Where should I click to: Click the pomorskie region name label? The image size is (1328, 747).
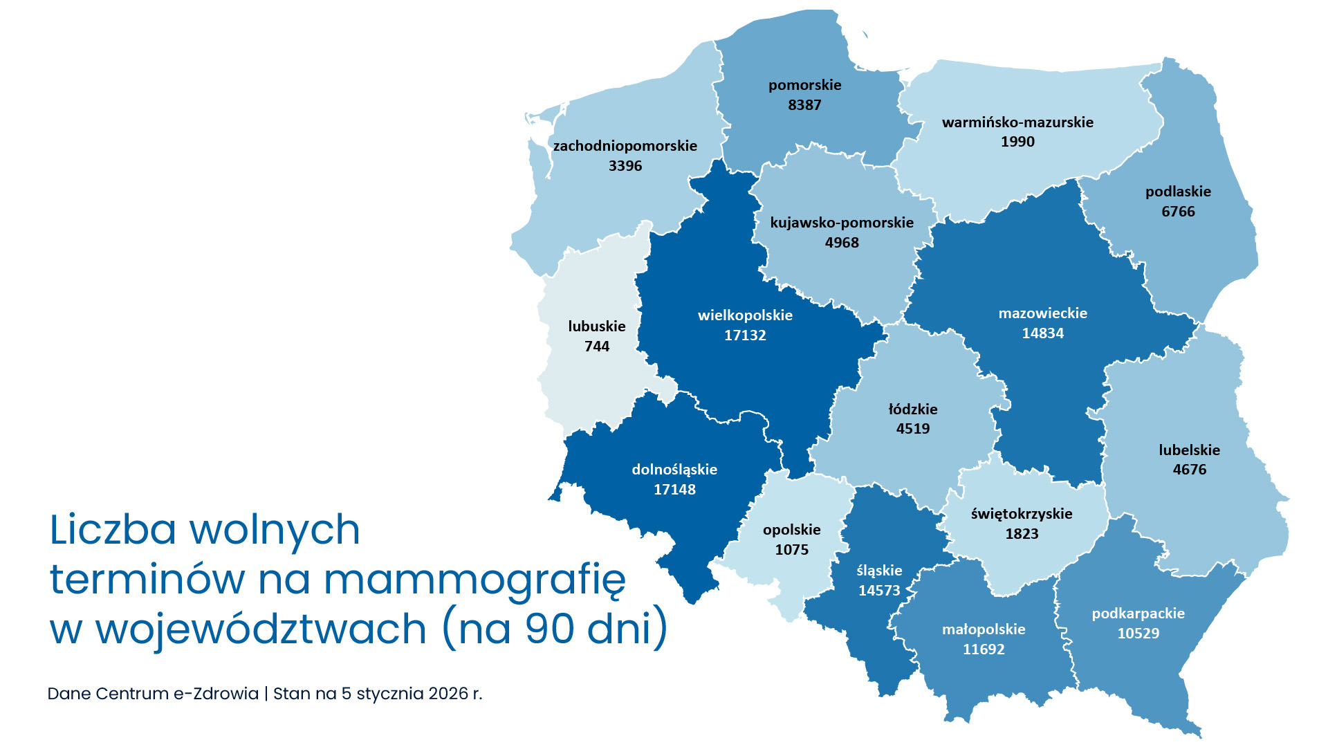click(x=804, y=85)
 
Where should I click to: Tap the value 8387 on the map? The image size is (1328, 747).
click(x=804, y=105)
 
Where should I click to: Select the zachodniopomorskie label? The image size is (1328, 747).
click(x=625, y=146)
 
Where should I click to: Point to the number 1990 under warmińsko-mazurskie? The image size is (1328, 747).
click(x=1017, y=142)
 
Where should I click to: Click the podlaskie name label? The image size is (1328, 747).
click(x=1178, y=192)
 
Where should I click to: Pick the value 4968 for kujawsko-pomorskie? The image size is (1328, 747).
click(x=842, y=243)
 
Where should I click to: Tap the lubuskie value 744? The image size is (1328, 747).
click(x=597, y=347)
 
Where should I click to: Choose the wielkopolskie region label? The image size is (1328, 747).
click(x=745, y=315)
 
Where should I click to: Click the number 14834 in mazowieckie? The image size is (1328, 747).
click(x=1042, y=333)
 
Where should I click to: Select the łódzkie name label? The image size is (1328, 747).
click(x=913, y=409)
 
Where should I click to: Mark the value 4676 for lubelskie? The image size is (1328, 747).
click(x=1189, y=470)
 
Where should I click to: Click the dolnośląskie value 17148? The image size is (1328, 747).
click(x=674, y=490)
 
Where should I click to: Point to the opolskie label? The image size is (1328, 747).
click(x=791, y=530)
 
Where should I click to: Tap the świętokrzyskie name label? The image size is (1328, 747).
click(x=1021, y=514)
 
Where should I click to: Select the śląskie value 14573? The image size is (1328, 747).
click(x=879, y=591)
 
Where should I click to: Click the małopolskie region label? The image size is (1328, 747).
click(x=984, y=629)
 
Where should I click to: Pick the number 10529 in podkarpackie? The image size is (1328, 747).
click(x=1138, y=634)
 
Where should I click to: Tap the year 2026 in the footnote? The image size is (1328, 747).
click(x=448, y=694)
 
